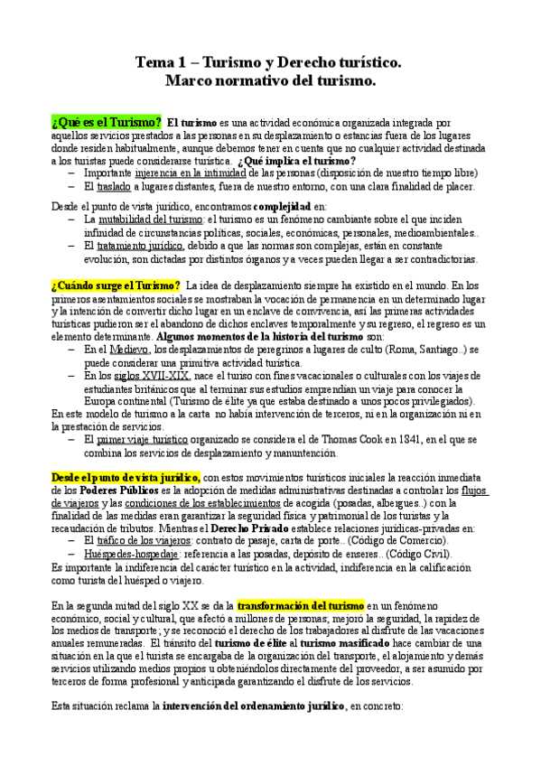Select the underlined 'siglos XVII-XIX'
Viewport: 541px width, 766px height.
pyautogui.click(x=151, y=375)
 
